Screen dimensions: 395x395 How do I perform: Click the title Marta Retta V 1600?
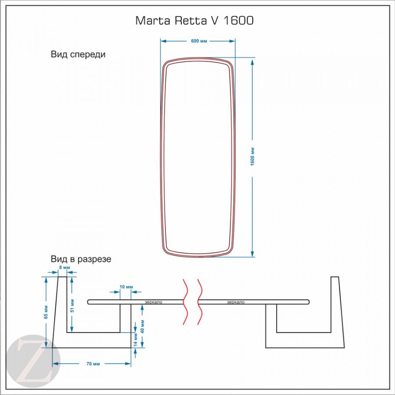194,21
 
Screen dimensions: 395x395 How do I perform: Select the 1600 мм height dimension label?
253,157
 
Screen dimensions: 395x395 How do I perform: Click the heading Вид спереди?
78,55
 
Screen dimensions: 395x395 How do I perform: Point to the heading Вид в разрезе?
81,259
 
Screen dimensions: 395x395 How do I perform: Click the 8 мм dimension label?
64,268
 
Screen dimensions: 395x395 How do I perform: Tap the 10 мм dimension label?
126,287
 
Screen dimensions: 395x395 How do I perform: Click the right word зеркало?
236,302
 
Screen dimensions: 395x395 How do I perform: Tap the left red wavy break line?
186,302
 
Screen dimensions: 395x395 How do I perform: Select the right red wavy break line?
200,302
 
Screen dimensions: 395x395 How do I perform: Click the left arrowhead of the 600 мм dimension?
163,41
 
